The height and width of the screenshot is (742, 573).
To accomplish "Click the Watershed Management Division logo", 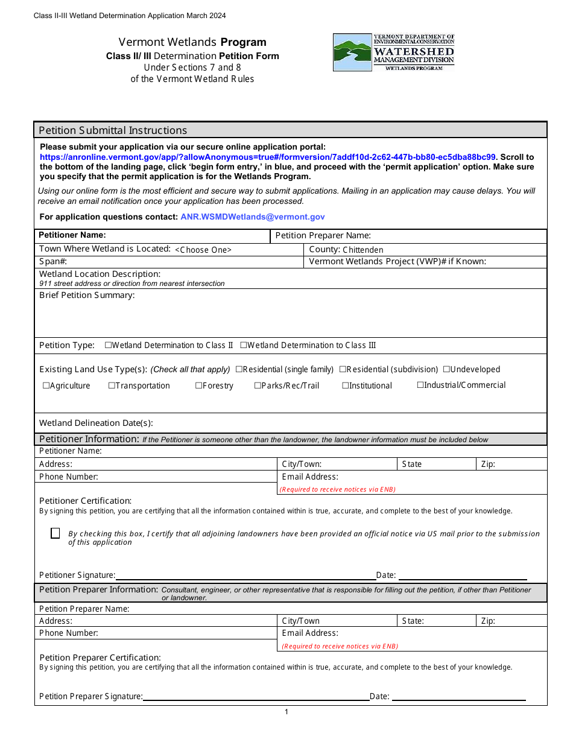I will click(393, 52).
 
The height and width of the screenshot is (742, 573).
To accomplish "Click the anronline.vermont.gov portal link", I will click(267, 157).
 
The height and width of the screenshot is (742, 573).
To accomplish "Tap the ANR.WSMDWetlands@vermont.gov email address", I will click(252, 217).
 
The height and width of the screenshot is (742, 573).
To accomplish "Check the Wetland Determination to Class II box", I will click(109, 345).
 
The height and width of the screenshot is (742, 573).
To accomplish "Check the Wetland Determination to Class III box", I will click(244, 345).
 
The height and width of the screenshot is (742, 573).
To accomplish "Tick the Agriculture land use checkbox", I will click(46, 385).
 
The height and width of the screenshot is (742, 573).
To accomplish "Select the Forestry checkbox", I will click(198, 385).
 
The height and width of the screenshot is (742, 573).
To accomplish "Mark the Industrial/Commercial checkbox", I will click(420, 385).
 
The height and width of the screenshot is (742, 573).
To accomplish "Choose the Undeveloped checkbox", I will click(446, 369).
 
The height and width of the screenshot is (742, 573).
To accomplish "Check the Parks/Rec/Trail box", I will click(258, 385).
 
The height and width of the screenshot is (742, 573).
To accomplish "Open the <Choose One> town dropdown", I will click(203, 250).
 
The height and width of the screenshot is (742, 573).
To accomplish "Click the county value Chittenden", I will click(362, 250).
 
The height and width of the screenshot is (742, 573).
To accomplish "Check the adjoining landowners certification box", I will click(55, 533).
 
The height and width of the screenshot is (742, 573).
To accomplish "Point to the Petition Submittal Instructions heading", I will click(113, 130).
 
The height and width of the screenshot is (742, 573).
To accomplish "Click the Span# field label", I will click(52, 262).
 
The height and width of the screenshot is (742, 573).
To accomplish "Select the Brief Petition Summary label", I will click(87, 295).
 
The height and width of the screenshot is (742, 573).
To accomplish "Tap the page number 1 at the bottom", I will click(286, 712).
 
